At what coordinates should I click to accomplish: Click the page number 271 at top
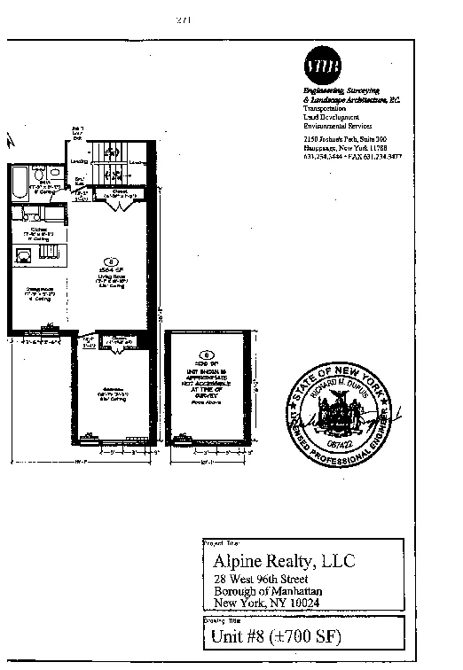point(184,19)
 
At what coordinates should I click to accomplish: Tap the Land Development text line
point(331,117)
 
